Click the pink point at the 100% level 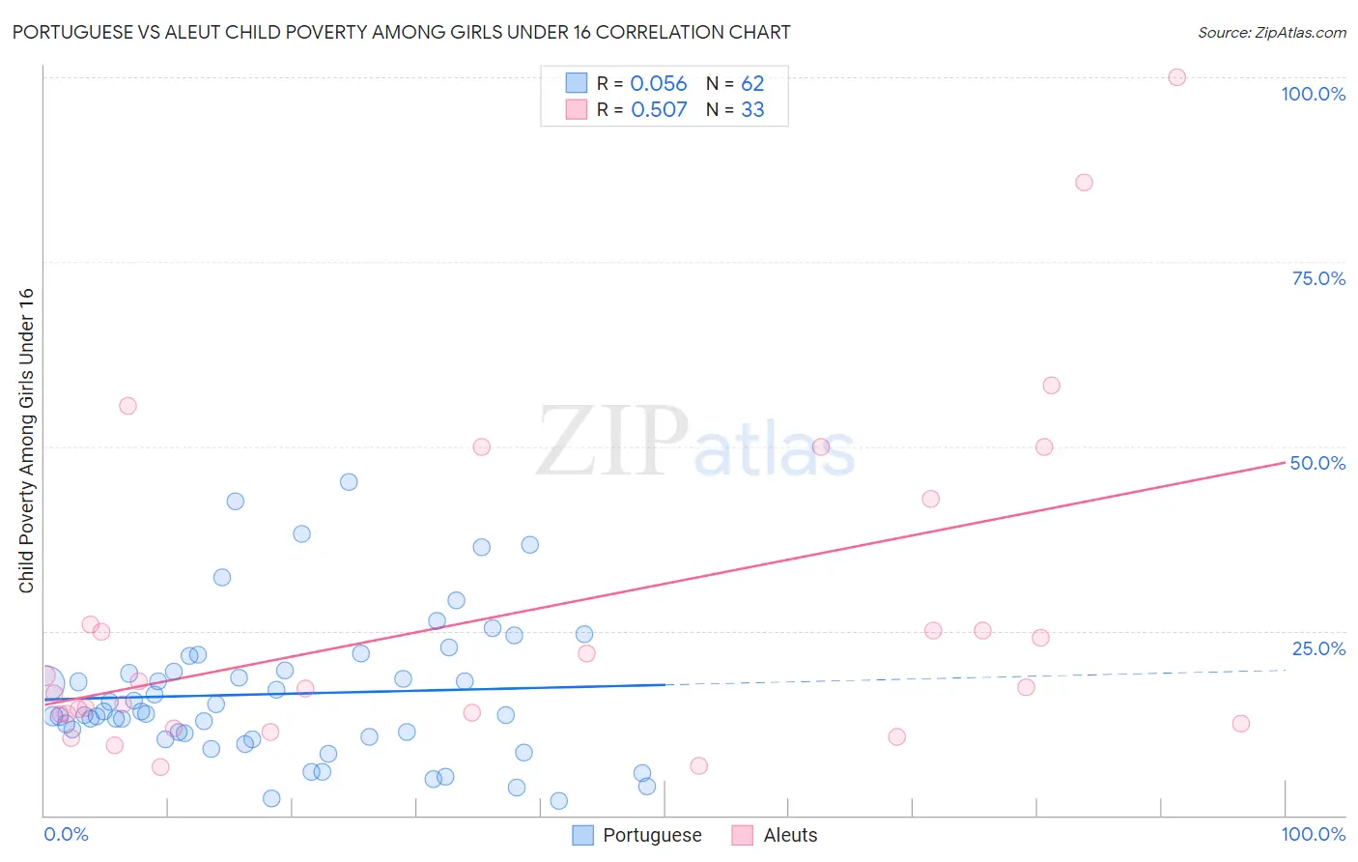tap(1176, 77)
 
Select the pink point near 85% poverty tap(1084, 183)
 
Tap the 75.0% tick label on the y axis tap(1318, 278)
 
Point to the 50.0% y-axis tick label tap(1317, 463)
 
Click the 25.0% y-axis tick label tap(1318, 648)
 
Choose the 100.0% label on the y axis tap(1313, 94)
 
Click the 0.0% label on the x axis tap(66, 834)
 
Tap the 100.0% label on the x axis tap(1313, 834)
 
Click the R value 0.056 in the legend tap(658, 84)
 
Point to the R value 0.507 tap(659, 110)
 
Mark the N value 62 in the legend tap(752, 84)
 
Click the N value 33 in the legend tap(752, 110)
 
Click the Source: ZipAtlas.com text tap(1271, 33)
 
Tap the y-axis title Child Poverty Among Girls tap(26, 441)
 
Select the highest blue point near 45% tap(349, 482)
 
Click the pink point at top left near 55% tap(127, 406)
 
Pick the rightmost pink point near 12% tap(1241, 724)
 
